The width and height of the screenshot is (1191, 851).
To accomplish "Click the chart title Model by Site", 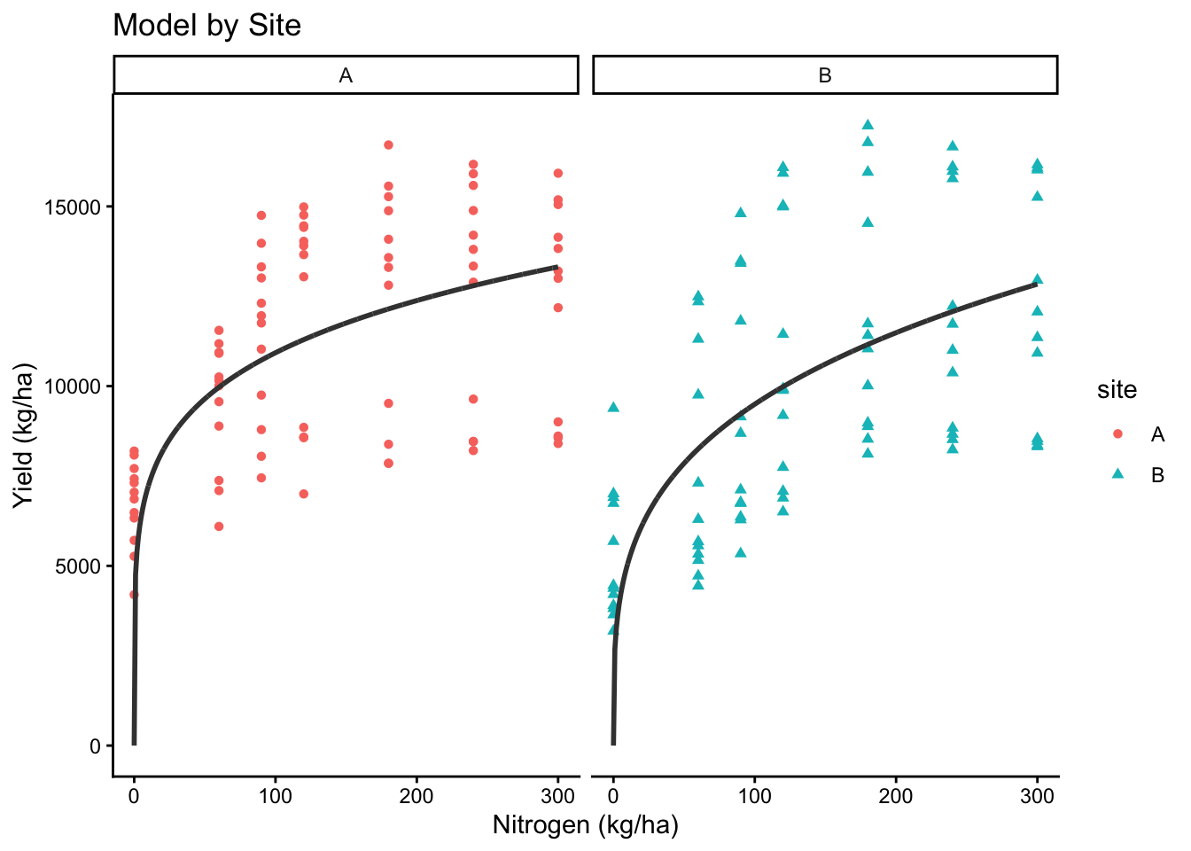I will pyautogui.click(x=206, y=26).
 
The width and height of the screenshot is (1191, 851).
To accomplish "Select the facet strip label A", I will pyautogui.click(x=346, y=75).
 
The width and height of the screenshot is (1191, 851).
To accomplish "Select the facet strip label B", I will pyautogui.click(x=825, y=75).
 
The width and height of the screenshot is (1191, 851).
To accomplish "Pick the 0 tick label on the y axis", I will pyautogui.click(x=95, y=746).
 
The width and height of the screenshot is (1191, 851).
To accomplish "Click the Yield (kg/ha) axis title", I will pyautogui.click(x=25, y=435).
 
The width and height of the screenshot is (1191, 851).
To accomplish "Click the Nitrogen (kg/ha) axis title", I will pyautogui.click(x=585, y=825).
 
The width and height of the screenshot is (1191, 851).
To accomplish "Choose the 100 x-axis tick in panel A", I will pyautogui.click(x=276, y=796).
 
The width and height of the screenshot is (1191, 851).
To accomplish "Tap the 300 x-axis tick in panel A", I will pyautogui.click(x=557, y=796).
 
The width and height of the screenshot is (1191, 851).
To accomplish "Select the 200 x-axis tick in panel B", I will pyautogui.click(x=896, y=796).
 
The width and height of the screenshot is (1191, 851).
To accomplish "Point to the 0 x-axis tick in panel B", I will pyautogui.click(x=613, y=796).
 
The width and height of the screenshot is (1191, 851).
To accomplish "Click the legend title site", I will pyautogui.click(x=1117, y=390).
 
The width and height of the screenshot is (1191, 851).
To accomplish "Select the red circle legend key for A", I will pyautogui.click(x=1117, y=433).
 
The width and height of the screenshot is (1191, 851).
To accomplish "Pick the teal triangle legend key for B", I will pyautogui.click(x=1117, y=474).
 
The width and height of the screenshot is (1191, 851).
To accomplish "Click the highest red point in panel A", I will pyautogui.click(x=388, y=144).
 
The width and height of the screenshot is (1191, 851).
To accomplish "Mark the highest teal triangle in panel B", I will pyautogui.click(x=868, y=125).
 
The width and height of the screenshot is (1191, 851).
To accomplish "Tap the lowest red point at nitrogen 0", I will pyautogui.click(x=134, y=595).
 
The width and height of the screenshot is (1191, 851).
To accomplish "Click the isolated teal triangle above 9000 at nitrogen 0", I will pyautogui.click(x=613, y=407).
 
